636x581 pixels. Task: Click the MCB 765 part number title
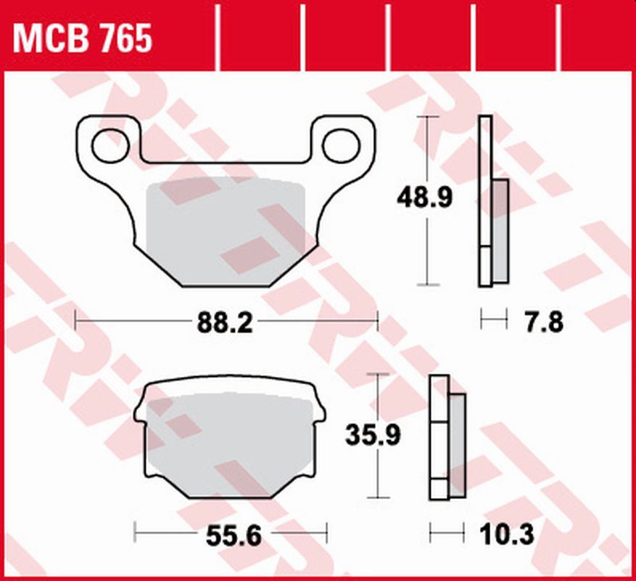coord(83,38)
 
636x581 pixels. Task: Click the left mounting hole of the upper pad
coord(110,145)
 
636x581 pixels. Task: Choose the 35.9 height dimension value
coord(373,436)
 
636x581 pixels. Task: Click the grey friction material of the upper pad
coord(225,225)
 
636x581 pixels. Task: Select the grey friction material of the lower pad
coord(231,443)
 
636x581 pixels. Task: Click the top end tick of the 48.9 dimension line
coord(428,116)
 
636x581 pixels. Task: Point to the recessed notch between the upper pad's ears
coord(226,156)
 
